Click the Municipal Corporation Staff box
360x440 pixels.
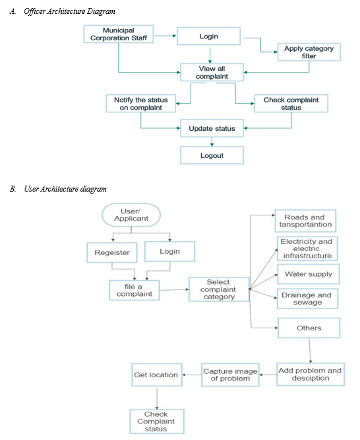(119, 34)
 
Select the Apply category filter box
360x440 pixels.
(309, 52)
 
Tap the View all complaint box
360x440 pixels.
(212, 73)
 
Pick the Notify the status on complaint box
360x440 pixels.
(140, 104)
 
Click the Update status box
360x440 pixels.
(212, 128)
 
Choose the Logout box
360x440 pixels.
(212, 155)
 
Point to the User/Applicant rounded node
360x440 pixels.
(131, 215)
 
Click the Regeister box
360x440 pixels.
(112, 252)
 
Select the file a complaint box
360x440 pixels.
(135, 290)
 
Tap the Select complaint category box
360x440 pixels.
(219, 289)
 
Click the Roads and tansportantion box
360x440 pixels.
(305, 221)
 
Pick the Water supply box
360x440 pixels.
(308, 274)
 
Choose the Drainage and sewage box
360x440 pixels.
(307, 299)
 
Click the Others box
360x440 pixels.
(309, 328)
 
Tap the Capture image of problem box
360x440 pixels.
(230, 375)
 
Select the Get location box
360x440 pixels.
(157, 375)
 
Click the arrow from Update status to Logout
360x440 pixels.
(212, 141)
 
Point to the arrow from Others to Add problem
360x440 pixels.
(310, 351)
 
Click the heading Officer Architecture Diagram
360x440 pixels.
(69, 11)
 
